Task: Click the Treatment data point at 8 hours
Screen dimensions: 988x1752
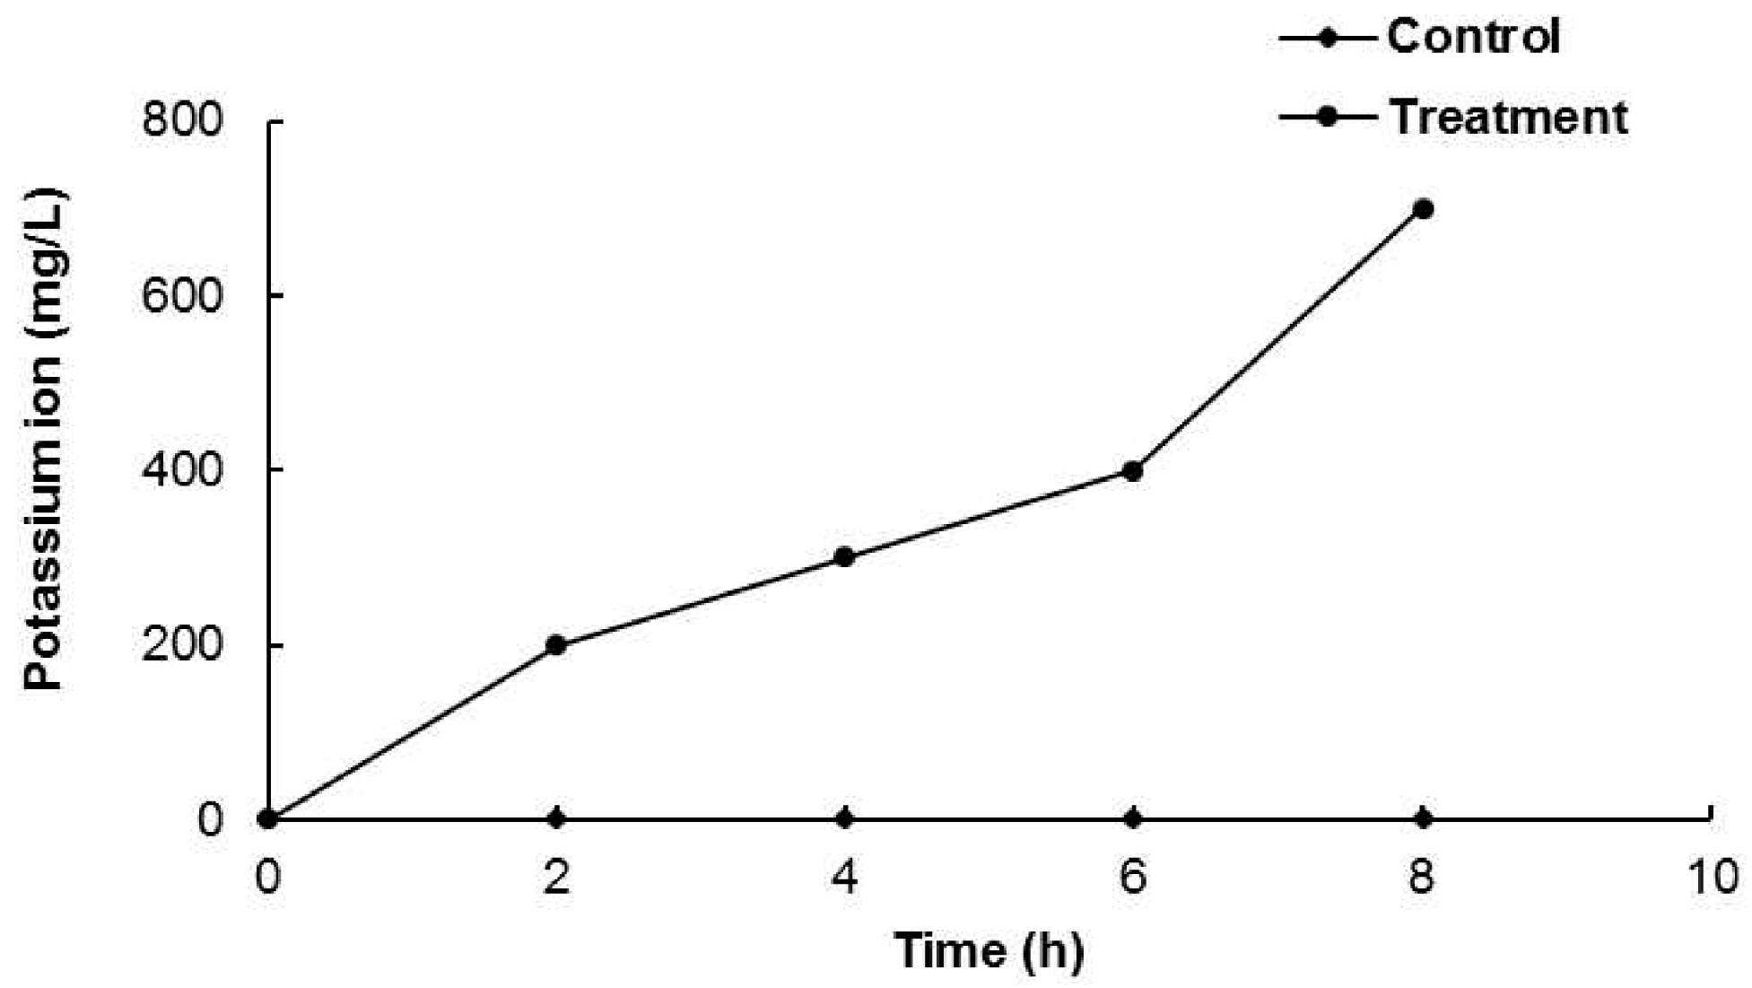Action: tap(1423, 209)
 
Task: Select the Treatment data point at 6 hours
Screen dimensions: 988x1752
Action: tap(1133, 471)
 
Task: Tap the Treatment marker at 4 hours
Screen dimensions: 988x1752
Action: tap(844, 557)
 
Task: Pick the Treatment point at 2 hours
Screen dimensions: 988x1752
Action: tap(556, 645)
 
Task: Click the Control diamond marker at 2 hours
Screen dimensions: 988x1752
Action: tap(556, 818)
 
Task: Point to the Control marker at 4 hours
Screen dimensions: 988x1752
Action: tap(844, 818)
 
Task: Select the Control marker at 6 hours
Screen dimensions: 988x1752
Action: tap(1133, 818)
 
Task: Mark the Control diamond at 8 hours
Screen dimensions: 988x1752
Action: tap(1423, 818)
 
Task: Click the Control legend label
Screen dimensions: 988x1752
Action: tap(1474, 37)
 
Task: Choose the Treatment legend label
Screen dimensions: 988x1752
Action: tap(1508, 118)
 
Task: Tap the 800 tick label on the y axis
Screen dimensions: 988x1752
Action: tap(180, 120)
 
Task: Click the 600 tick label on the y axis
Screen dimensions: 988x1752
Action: tap(180, 295)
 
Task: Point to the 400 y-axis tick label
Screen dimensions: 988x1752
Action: tap(180, 469)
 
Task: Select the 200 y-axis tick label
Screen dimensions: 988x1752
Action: tap(180, 645)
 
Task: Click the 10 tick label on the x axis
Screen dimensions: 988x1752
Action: tap(1711, 877)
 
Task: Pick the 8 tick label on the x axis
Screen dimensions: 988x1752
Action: tap(1422, 877)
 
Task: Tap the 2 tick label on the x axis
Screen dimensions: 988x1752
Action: tap(556, 877)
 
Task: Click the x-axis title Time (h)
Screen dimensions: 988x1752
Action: tap(989, 950)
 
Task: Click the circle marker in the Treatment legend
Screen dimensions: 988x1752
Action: tap(1327, 118)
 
